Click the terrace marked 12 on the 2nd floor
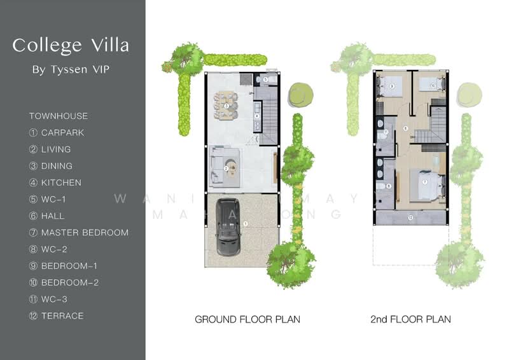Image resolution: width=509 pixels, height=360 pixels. tap(410, 218)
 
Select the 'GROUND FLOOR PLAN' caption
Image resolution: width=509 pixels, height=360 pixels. tap(247, 319)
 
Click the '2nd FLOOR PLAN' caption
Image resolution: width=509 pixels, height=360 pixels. tap(410, 319)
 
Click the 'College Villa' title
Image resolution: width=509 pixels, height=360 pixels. tap(71, 45)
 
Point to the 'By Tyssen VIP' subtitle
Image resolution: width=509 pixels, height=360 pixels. tap(71, 69)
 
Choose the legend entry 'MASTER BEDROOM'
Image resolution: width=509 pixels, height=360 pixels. tap(85, 233)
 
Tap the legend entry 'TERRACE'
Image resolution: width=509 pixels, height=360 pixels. tap(62, 315)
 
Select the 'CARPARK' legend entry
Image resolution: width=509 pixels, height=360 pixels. tap(62, 133)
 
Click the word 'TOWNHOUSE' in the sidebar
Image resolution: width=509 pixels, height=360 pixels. tap(59, 116)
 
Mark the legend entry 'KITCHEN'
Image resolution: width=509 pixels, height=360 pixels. tap(61, 183)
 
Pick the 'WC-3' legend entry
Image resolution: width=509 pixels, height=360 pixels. tap(57, 299)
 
